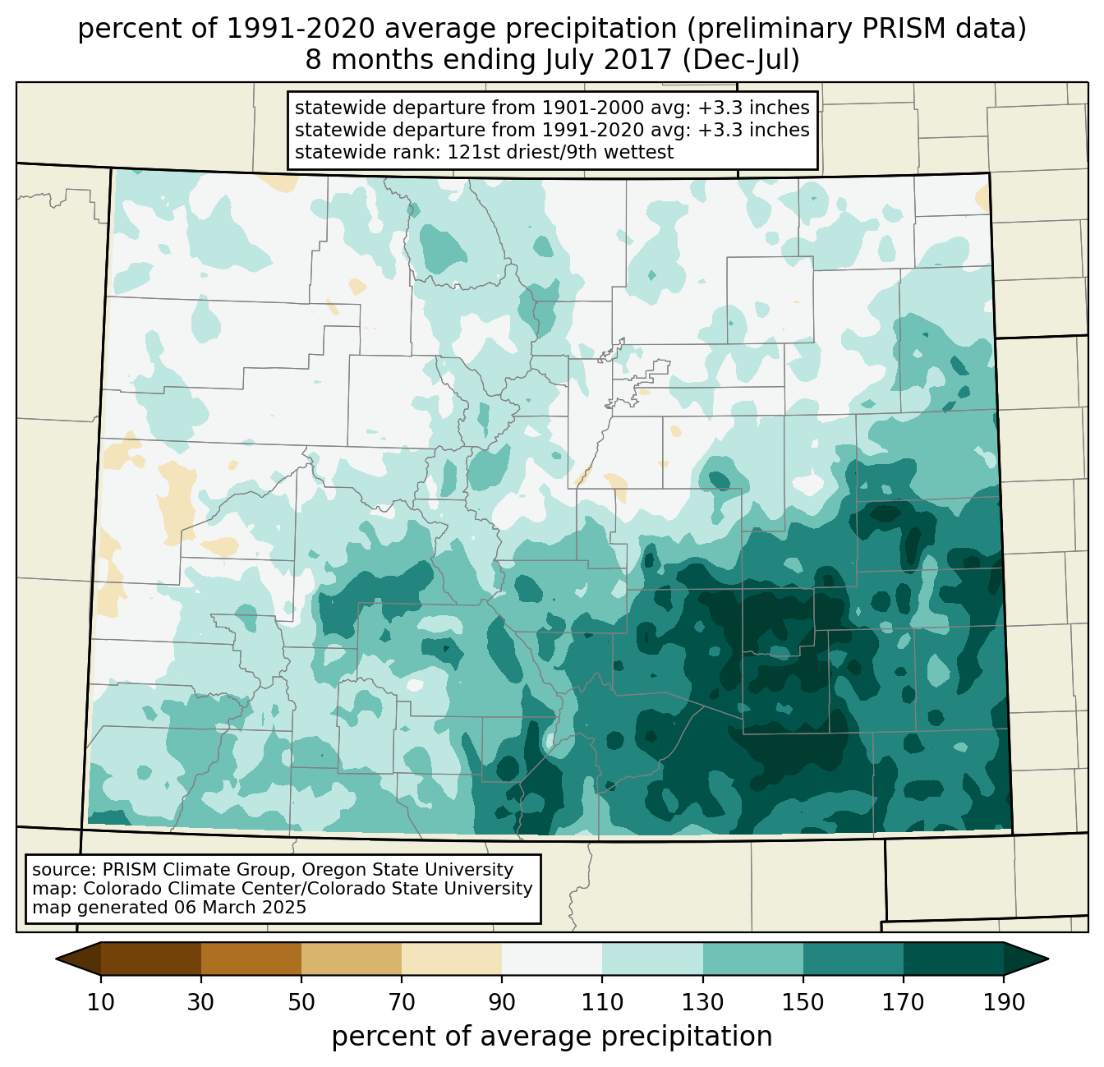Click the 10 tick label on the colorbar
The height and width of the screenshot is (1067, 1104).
tap(101, 1003)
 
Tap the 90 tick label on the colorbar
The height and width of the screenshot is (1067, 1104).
tap(502, 1003)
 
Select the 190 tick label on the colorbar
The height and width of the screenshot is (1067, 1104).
tap(1003, 1003)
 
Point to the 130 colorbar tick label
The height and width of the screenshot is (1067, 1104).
tap(702, 1003)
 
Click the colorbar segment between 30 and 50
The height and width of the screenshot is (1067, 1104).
tap(251, 959)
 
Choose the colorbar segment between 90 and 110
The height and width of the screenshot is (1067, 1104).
tap(552, 959)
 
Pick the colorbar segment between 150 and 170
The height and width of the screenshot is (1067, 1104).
tap(853, 959)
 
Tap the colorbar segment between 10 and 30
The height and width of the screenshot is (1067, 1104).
tap(151, 959)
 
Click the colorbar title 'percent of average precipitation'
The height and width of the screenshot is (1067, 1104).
tap(552, 1037)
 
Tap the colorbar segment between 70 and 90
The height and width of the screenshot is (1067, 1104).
tap(452, 959)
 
